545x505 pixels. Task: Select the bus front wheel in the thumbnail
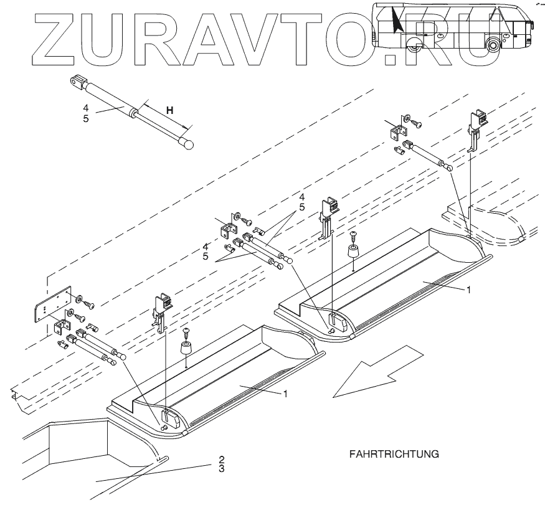tap(494, 44)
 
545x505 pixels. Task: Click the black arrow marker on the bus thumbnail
tap(396, 21)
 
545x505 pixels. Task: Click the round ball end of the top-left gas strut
tap(187, 144)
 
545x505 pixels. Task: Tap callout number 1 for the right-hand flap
tap(468, 290)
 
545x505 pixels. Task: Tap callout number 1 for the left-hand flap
tap(286, 394)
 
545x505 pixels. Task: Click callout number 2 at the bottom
tap(221, 460)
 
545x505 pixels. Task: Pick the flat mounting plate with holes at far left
tap(50, 306)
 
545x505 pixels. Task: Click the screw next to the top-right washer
tap(418, 125)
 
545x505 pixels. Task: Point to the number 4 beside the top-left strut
tap(87, 108)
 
